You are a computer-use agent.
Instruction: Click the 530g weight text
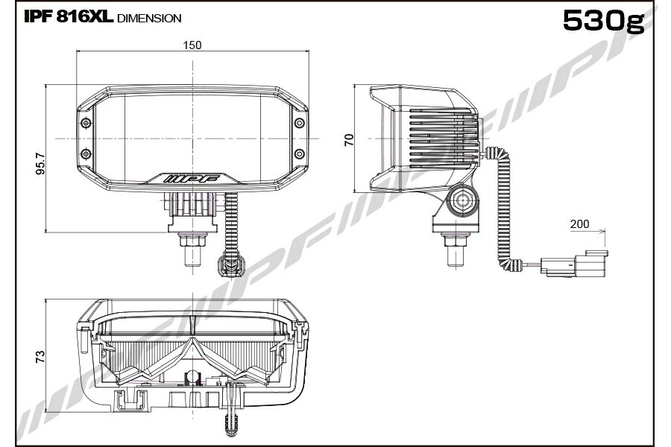pyautogui.click(x=603, y=20)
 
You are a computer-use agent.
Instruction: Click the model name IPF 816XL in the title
pyautogui.click(x=69, y=17)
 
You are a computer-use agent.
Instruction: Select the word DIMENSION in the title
pyautogui.click(x=149, y=19)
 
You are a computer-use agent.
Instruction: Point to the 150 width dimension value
pyautogui.click(x=192, y=45)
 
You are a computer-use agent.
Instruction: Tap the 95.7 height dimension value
pyautogui.click(x=41, y=163)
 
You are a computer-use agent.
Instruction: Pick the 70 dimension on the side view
pyautogui.click(x=349, y=140)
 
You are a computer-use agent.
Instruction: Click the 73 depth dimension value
pyautogui.click(x=40, y=357)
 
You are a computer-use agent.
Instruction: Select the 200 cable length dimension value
pyautogui.click(x=579, y=223)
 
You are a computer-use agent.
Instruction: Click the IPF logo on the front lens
pyautogui.click(x=192, y=178)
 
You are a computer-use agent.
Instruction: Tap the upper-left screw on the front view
pyautogui.click(x=86, y=123)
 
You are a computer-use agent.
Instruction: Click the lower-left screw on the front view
pyautogui.click(x=86, y=153)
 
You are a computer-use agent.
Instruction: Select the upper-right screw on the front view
pyautogui.click(x=300, y=123)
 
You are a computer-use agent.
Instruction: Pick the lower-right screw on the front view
pyautogui.click(x=300, y=153)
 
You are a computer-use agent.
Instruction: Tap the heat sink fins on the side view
pyautogui.click(x=443, y=137)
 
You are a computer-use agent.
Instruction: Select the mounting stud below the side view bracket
pyautogui.click(x=456, y=250)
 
